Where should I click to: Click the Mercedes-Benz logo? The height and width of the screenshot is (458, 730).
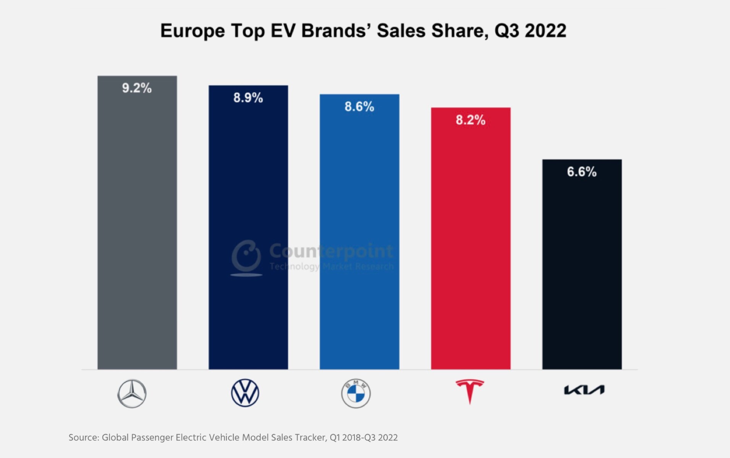[x=132, y=393]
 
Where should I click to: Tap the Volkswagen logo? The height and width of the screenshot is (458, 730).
[x=245, y=393]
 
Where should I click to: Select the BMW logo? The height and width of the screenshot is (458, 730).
[x=356, y=393]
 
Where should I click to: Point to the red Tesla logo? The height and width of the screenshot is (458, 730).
[x=470, y=391]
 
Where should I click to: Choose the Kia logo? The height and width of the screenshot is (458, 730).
[x=584, y=390]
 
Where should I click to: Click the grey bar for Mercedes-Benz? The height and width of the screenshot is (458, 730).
[x=137, y=229]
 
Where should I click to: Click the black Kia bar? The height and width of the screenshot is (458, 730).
[x=582, y=267]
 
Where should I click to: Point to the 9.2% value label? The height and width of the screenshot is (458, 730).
[x=137, y=88]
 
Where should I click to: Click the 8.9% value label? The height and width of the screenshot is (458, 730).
[x=248, y=98]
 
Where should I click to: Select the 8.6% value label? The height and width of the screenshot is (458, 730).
[x=359, y=106]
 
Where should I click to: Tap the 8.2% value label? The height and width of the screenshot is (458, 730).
[x=471, y=120]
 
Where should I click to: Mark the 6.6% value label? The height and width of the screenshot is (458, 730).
[x=582, y=172]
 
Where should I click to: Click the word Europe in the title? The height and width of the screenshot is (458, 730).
[x=192, y=31]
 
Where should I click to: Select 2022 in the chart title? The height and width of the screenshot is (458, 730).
[x=545, y=31]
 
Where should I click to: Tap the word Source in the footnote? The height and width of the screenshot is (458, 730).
[x=84, y=437]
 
